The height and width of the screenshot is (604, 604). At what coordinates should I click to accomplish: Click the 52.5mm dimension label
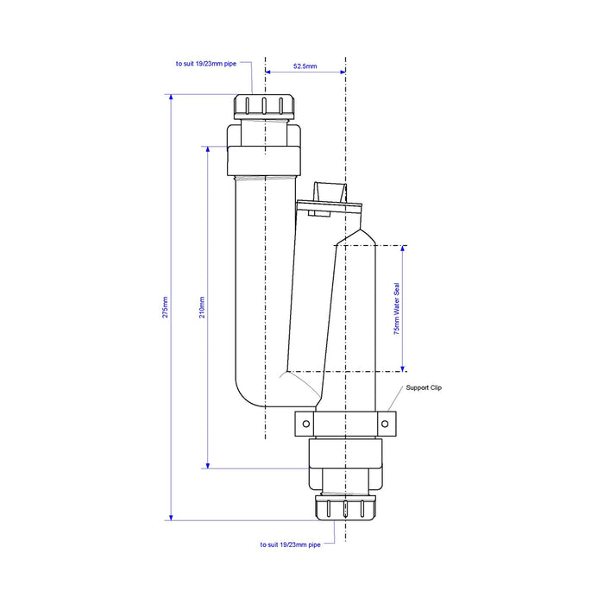(305, 66)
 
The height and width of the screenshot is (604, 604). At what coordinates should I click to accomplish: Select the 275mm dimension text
(166, 307)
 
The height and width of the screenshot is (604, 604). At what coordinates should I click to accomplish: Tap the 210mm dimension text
(202, 307)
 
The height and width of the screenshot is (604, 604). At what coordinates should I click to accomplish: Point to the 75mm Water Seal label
(397, 309)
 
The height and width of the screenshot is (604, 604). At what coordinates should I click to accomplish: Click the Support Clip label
(424, 387)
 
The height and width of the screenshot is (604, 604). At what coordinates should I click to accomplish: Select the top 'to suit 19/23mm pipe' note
(206, 64)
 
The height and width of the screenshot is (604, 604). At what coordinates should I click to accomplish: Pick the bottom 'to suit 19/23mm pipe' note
(290, 544)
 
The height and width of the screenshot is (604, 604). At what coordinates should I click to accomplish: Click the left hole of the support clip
(306, 424)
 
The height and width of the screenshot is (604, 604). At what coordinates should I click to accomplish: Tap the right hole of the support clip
(385, 424)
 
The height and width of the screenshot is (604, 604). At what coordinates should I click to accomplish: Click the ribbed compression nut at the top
(264, 106)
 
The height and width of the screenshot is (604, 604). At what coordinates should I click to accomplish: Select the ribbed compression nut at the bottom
(345, 508)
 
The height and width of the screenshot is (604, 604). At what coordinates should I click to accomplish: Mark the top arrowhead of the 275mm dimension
(171, 98)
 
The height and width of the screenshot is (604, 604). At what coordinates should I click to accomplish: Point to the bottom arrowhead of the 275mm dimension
(171, 517)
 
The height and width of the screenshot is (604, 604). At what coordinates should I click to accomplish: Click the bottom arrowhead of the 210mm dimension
(208, 465)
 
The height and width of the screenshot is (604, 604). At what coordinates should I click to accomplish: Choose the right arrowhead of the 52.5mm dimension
(342, 72)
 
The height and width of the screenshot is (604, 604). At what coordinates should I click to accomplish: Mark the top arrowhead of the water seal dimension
(403, 249)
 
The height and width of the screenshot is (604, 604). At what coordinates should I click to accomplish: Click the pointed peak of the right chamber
(360, 230)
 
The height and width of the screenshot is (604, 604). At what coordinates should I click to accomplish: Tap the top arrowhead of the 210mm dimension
(208, 150)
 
